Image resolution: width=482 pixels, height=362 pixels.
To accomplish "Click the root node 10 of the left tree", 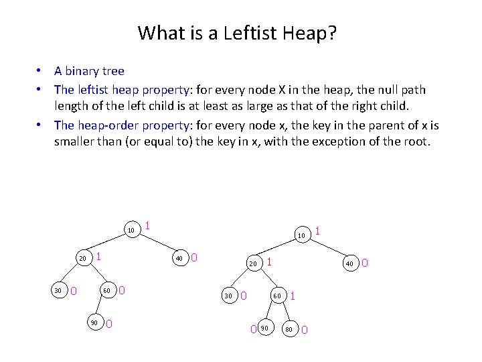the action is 131,231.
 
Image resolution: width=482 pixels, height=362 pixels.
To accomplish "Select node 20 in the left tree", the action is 82,258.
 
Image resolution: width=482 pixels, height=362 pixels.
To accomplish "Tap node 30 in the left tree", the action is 58,290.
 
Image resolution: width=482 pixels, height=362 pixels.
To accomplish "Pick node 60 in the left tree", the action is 106,290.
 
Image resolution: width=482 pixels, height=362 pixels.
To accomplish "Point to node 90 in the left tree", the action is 94,323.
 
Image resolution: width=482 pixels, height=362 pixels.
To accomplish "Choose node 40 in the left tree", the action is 179,258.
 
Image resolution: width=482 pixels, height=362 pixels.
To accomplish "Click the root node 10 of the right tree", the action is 301,235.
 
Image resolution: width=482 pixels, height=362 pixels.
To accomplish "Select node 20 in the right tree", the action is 253,263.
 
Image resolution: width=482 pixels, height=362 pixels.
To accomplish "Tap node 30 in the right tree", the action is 228,296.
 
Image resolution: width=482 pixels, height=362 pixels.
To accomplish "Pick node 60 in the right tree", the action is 276,296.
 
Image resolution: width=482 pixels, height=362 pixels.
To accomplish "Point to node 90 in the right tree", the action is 265,328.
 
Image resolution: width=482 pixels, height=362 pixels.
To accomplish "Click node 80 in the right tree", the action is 289,328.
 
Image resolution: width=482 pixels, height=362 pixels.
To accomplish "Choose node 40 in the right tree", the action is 349,263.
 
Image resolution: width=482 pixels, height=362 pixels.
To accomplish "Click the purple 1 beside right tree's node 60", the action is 293,295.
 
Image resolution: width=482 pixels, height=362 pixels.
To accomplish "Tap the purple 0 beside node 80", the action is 305,329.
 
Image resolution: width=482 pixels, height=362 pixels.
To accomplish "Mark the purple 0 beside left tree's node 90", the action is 109,324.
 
